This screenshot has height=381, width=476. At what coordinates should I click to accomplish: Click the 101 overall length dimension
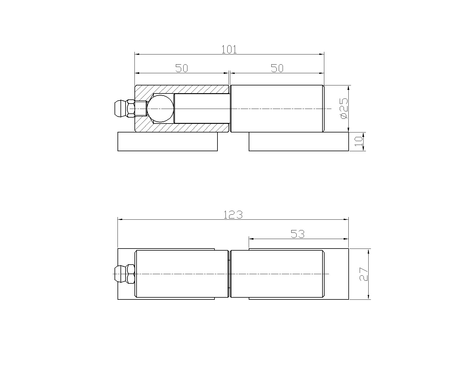(229, 49)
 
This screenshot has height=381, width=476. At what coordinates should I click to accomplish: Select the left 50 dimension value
(181, 68)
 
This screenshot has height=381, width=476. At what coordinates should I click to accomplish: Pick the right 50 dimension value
(277, 68)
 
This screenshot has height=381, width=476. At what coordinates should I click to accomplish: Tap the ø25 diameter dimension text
(344, 109)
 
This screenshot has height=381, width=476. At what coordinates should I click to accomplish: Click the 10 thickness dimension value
(358, 141)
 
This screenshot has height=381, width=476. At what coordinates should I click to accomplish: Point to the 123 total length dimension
(233, 215)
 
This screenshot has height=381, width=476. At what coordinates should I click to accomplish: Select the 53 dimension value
(297, 234)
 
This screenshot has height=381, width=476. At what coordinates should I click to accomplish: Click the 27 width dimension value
(364, 274)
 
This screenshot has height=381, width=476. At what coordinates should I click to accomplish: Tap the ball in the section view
(160, 109)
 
